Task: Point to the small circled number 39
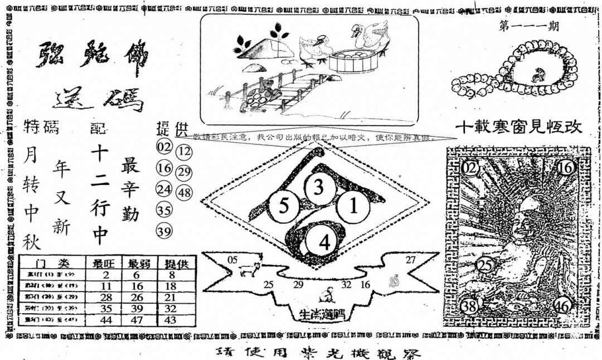(x=164, y=231)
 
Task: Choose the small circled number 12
(x=183, y=152)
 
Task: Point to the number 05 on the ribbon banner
(x=233, y=259)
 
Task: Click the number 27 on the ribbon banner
(x=411, y=259)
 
